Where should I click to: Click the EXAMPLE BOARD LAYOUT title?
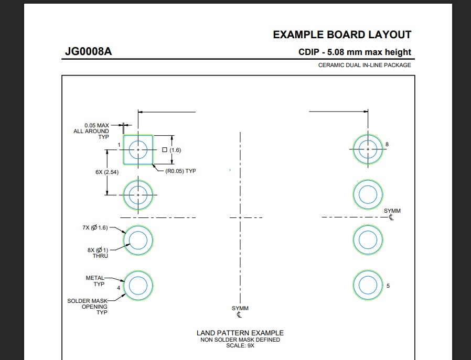342,35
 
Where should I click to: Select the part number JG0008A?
88,52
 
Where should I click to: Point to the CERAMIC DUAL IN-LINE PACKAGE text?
365,65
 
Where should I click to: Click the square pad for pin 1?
138,150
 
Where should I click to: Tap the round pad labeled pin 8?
368,149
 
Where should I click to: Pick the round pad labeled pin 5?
368,285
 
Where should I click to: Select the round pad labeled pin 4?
138,286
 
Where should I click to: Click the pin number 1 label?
120,145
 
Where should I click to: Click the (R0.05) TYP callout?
180,171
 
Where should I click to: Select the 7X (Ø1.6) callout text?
94,227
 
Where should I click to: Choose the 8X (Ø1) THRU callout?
98,253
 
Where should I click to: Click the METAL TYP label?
96,281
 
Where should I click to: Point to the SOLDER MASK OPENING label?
88,307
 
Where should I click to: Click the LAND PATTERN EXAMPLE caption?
240,333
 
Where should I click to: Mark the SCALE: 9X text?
240,346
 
